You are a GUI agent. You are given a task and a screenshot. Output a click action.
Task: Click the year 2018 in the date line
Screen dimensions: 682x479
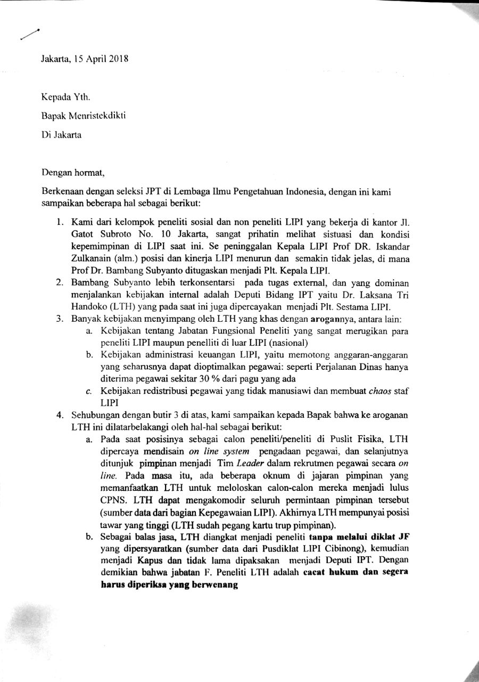(117, 59)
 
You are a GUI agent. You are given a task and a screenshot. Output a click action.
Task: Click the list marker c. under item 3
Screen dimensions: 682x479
(89, 392)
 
